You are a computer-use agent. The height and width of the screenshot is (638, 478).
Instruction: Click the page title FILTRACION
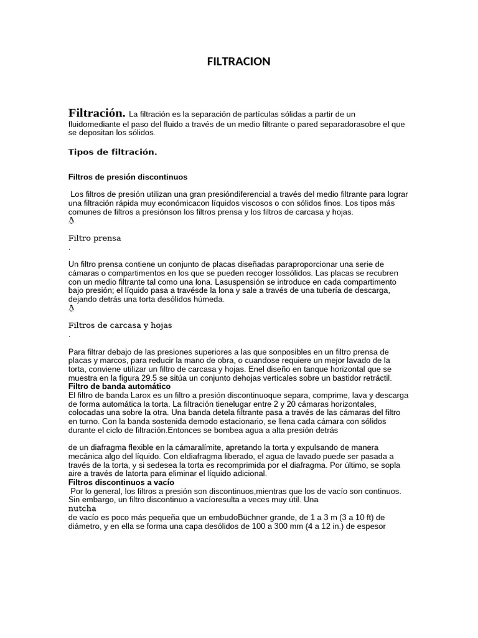point(239,61)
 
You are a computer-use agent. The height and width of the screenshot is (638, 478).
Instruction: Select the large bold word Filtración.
point(96,113)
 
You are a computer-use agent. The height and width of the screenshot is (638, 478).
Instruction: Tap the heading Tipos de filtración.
point(112,152)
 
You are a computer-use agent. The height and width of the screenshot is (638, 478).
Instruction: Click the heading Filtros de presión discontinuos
point(128,177)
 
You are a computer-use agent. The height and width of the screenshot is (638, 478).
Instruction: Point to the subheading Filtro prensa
point(95,238)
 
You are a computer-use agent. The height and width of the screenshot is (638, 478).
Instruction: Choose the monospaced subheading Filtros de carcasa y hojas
point(119,325)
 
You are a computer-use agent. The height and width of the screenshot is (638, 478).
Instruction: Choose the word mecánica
point(86,456)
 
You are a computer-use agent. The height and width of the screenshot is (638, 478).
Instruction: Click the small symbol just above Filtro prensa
point(70,221)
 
